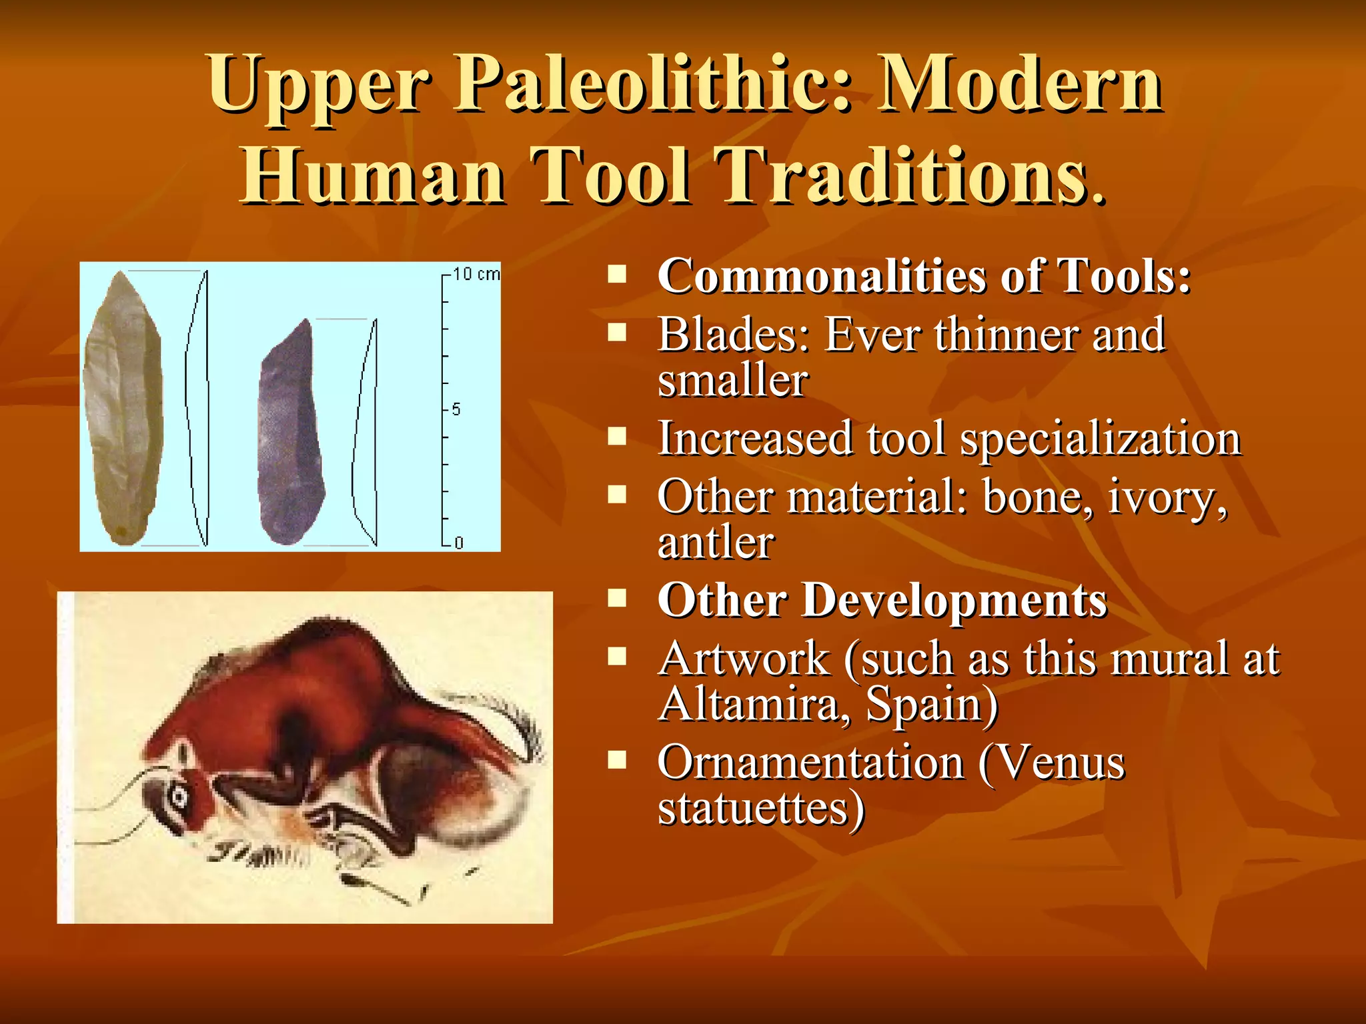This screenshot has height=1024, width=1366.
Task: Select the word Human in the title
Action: pyautogui.click(x=373, y=176)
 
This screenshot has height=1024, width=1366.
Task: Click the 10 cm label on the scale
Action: pyautogui.click(x=475, y=274)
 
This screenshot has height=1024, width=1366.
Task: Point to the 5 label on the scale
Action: pyautogui.click(x=456, y=409)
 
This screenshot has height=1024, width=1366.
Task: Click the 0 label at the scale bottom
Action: pyautogui.click(x=458, y=543)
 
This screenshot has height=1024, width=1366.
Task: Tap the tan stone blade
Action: pyautogui.click(x=123, y=407)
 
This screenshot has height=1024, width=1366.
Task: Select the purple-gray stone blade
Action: pyautogui.click(x=291, y=433)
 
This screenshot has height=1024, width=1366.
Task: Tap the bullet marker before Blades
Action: pyautogui.click(x=618, y=332)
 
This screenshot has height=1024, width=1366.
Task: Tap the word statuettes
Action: pyautogui.click(x=760, y=808)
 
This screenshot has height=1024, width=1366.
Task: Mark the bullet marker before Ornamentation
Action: pyautogui.click(x=618, y=760)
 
